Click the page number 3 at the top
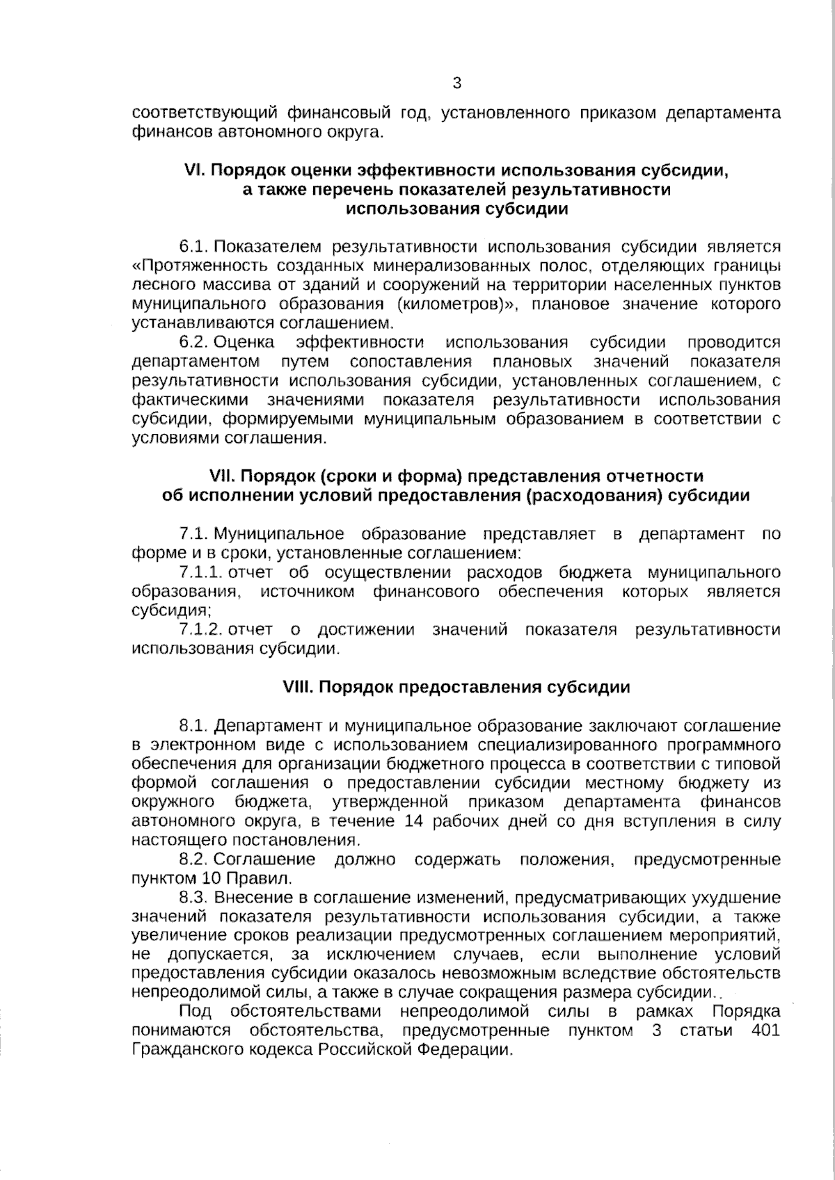(456, 84)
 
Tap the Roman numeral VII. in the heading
(223, 476)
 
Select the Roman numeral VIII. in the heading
(299, 688)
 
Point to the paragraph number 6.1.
(194, 247)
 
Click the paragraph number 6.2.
(194, 342)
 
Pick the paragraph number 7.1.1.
(200, 572)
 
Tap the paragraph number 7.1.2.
(200, 630)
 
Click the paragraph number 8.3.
(194, 898)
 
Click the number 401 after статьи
(765, 1031)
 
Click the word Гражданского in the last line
(187, 1050)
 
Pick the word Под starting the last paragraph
(196, 1011)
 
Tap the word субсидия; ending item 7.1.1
(172, 611)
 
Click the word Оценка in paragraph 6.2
(244, 342)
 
